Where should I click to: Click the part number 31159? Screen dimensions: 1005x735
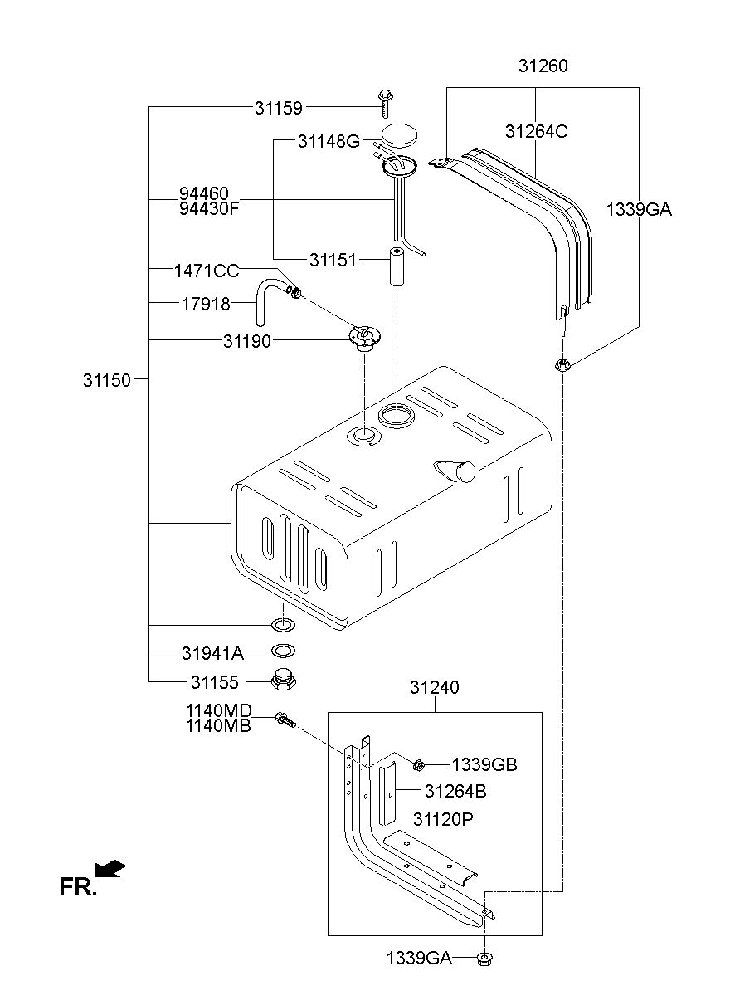point(279,107)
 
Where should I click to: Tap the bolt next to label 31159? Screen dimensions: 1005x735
point(384,102)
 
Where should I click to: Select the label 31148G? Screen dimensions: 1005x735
point(329,142)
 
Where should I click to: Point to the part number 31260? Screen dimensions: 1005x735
point(543,66)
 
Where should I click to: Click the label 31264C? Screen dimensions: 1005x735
point(536,131)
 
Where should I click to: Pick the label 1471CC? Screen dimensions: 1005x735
point(207,271)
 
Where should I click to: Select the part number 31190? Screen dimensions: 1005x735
point(246,341)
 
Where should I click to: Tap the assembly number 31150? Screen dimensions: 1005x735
point(107,380)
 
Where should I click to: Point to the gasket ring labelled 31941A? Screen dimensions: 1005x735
point(283,651)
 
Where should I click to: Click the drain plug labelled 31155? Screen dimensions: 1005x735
point(284,682)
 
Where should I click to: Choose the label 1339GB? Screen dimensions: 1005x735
point(484,765)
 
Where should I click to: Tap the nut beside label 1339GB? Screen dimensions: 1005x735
point(419,764)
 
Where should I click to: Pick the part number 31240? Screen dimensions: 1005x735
point(434,688)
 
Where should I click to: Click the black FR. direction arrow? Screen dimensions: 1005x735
point(110,869)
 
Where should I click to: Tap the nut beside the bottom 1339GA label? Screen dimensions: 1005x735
point(484,960)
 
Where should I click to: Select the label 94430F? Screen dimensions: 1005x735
point(209,208)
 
